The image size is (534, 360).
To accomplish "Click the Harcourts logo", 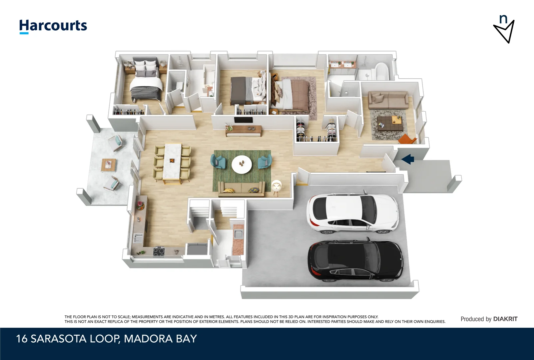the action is [x=53, y=26].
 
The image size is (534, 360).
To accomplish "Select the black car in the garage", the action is [x=355, y=261].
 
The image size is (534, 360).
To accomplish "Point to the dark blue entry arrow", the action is [x=408, y=159].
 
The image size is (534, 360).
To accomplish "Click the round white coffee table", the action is [x=242, y=164].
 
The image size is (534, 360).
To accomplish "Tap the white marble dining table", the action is [x=172, y=161].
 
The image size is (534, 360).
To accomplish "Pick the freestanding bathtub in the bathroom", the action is [x=382, y=71].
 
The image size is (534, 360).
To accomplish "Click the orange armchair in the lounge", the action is [x=407, y=139].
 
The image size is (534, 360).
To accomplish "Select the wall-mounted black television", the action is [x=243, y=120].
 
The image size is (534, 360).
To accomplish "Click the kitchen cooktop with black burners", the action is [x=159, y=252].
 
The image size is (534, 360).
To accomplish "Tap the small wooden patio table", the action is [x=109, y=165].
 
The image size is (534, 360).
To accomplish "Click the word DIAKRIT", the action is [x=505, y=319].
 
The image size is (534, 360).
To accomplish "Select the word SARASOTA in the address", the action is [x=58, y=339].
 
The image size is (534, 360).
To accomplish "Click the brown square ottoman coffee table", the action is [x=390, y=123].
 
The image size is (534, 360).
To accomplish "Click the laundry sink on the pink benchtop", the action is [x=239, y=234].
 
